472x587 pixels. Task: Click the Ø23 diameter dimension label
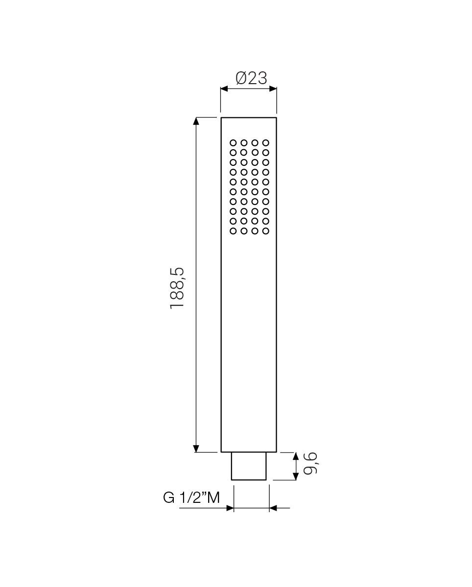click(251, 78)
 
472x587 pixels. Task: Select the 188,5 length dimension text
click(177, 288)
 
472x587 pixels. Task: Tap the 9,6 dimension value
click(311, 463)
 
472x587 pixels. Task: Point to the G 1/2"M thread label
click(191, 497)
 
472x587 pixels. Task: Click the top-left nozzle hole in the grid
click(233, 143)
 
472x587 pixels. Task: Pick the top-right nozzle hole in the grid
click(266, 143)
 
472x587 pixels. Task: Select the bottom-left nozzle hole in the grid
click(233, 230)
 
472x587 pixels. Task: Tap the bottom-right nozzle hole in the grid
click(266, 230)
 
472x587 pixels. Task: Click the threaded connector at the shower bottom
click(249, 466)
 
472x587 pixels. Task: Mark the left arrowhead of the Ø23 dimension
click(224, 89)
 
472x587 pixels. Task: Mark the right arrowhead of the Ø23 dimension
click(273, 89)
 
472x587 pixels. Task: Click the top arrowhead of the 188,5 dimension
click(196, 121)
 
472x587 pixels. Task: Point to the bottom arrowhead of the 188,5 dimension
click(196, 448)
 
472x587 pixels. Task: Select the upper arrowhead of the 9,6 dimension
click(295, 456)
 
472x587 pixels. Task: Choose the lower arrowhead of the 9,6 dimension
click(295, 476)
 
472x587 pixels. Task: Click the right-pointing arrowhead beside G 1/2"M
click(230, 508)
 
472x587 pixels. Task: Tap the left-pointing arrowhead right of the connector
click(273, 508)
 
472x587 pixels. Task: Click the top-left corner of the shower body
click(221, 118)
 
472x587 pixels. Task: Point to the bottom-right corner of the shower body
click(277, 452)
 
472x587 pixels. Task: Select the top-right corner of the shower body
click(277, 118)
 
